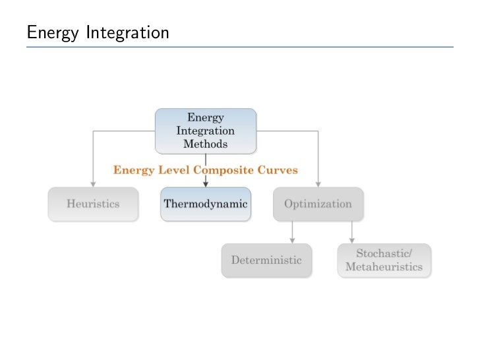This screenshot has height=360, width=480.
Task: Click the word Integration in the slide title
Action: point(127,32)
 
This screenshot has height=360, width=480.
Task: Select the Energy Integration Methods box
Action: point(205,131)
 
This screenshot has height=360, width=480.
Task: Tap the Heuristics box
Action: point(93,204)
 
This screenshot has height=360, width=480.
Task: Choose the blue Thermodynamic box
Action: point(205,204)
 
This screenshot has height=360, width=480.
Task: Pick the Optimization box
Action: point(318,204)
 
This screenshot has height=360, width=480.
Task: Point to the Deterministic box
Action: point(266,260)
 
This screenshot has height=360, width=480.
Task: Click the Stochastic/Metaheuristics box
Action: point(384,260)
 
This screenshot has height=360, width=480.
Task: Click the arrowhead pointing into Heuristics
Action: point(93,183)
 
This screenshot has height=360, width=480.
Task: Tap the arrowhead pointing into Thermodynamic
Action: point(206,183)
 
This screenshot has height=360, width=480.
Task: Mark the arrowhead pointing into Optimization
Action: point(318,183)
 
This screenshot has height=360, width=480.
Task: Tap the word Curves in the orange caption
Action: point(280,170)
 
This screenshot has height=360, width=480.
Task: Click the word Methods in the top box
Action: point(205,143)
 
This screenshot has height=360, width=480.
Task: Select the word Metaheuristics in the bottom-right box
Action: point(384,268)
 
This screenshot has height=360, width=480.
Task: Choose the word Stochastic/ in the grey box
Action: point(384,254)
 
